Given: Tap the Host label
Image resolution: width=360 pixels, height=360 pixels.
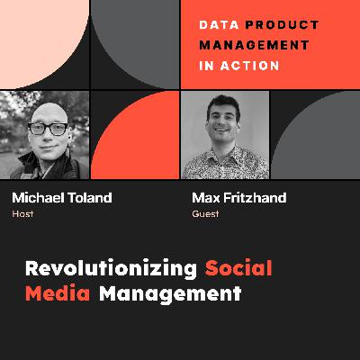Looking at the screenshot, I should coord(22,215).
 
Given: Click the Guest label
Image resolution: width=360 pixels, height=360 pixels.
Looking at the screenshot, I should coord(206,215).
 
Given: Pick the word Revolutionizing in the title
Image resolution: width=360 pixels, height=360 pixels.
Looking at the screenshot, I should coord(111,268).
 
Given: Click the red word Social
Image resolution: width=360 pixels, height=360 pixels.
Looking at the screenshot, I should coord(238,268).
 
